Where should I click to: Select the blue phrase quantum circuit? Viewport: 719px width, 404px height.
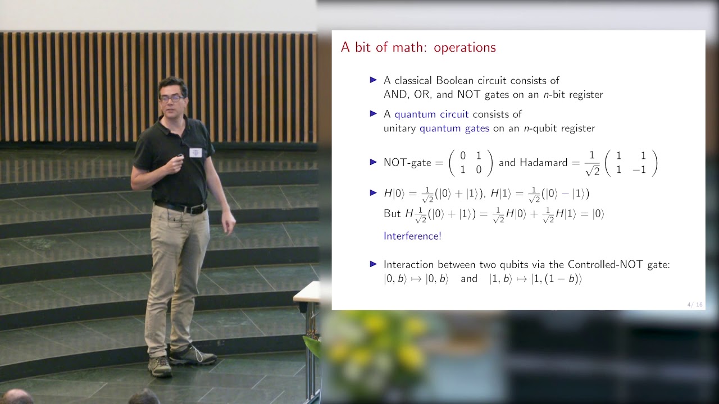[431, 114]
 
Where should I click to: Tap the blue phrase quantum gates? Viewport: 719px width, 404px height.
[454, 128]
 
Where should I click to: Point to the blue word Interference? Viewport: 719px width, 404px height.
[412, 236]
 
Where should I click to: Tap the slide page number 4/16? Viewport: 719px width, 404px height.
[695, 305]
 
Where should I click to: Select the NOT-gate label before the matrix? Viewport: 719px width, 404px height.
[406, 163]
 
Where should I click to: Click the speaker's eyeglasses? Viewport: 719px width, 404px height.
[172, 98]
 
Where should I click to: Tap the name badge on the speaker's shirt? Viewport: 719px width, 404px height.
[195, 153]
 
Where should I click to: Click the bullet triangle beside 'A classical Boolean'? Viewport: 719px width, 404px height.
[373, 80]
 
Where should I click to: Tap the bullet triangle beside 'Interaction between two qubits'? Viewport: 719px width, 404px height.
[373, 264]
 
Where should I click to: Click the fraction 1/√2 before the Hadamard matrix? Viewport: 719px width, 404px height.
[592, 163]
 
